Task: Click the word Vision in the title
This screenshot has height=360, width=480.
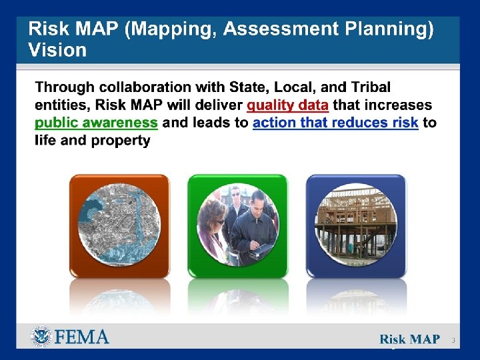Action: pyautogui.click(x=57, y=50)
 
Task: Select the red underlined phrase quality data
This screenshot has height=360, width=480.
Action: pyautogui.click(x=287, y=105)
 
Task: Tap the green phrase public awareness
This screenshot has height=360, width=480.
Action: pyautogui.click(x=96, y=123)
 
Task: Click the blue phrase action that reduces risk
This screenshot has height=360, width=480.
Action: pyautogui.click(x=335, y=123)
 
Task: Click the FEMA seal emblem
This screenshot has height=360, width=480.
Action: pyautogui.click(x=41, y=337)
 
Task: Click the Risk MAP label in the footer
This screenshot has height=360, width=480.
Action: pyautogui.click(x=409, y=339)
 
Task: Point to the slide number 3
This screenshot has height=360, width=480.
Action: pyautogui.click(x=453, y=340)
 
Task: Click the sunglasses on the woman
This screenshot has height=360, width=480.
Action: pyautogui.click(x=218, y=221)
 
